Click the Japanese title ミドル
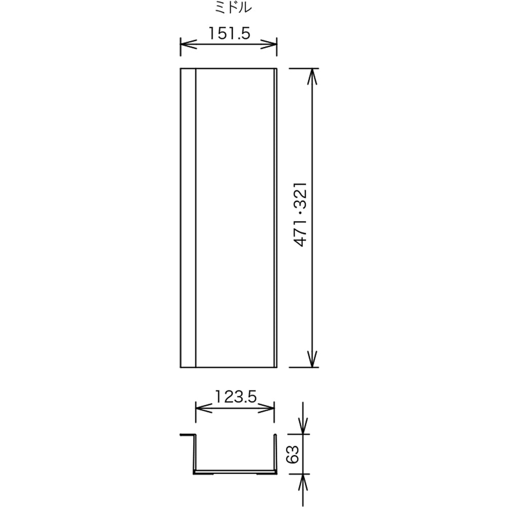(x=233, y=8)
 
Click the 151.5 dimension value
(x=229, y=33)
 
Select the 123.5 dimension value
(x=235, y=396)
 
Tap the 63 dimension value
(x=293, y=454)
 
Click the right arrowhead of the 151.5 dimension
(x=269, y=44)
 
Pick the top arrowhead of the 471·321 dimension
(x=312, y=77)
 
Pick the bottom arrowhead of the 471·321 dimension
(x=312, y=359)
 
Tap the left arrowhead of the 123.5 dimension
(x=204, y=408)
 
